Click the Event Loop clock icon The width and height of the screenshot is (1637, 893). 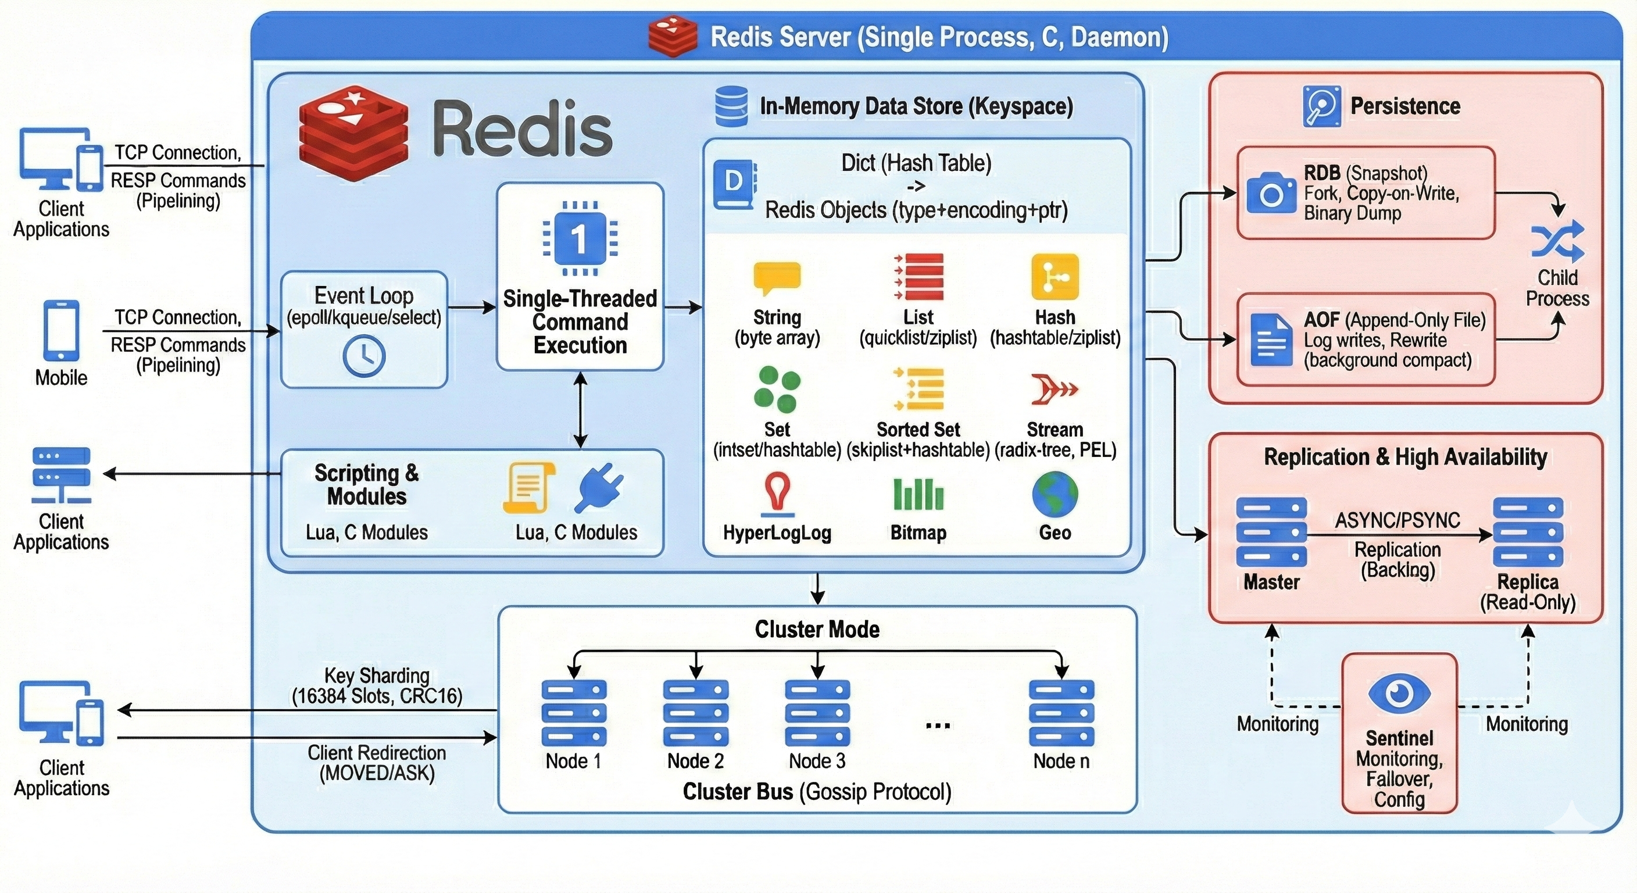tap(363, 356)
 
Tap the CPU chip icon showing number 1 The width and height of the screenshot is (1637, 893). tap(580, 238)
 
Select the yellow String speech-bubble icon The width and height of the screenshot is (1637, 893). tap(777, 278)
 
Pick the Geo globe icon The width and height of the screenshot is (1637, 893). tap(1055, 494)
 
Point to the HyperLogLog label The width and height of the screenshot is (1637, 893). tap(777, 533)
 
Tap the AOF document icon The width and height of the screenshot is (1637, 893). tap(1271, 340)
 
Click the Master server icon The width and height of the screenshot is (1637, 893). tap(1271, 532)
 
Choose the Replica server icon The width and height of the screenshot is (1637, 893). tap(1528, 532)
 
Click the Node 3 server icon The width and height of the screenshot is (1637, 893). tap(817, 713)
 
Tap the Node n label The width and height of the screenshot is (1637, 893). tap(1061, 761)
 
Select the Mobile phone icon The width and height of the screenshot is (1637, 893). tap(62, 330)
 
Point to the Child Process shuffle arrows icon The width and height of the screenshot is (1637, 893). tap(1557, 242)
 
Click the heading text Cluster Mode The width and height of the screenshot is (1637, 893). tap(817, 629)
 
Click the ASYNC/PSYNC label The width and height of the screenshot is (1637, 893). tap(1397, 520)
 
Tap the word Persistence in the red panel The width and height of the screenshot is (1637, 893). tap(1405, 106)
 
